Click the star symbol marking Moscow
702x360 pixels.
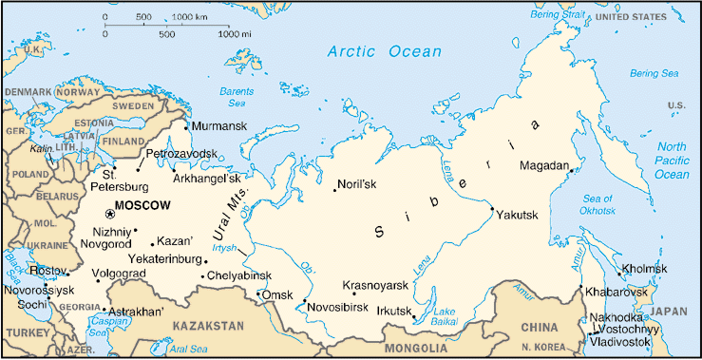pos(109,214)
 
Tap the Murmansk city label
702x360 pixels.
pos(218,126)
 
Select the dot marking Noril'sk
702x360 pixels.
pos(334,192)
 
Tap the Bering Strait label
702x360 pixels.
pos(559,16)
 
